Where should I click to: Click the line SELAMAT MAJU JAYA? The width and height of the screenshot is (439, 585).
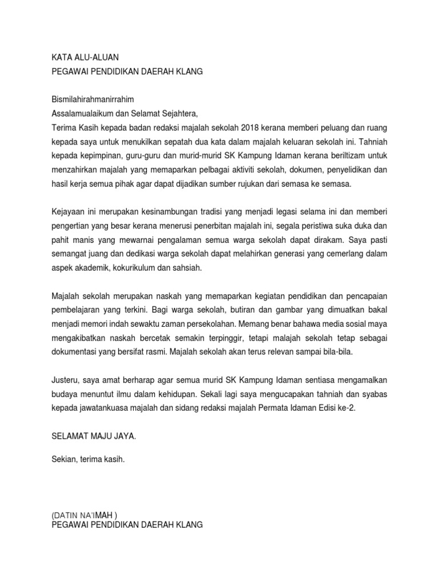[x=94, y=436]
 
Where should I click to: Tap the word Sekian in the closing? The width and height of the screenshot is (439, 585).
[x=64, y=459]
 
